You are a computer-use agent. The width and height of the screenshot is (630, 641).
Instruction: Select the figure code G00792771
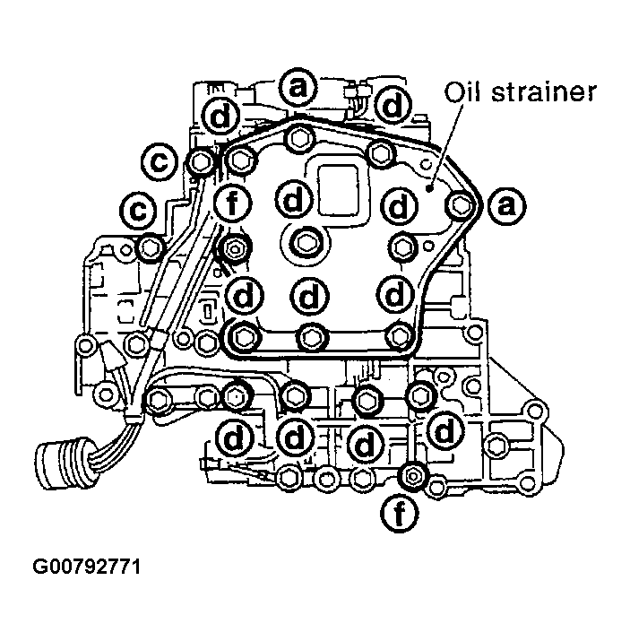click(x=87, y=567)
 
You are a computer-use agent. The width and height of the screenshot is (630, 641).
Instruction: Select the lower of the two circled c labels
click(x=135, y=212)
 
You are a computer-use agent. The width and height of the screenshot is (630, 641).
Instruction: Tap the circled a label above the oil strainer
click(x=298, y=88)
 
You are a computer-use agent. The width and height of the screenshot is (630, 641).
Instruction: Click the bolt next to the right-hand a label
click(x=461, y=205)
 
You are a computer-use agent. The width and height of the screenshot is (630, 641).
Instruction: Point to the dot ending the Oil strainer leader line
click(x=432, y=191)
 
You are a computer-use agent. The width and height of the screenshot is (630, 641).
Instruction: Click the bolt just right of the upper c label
click(x=201, y=162)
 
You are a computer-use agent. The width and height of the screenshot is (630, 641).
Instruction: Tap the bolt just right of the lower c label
click(x=150, y=247)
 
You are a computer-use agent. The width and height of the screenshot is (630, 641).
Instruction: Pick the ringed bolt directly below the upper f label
click(x=235, y=248)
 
